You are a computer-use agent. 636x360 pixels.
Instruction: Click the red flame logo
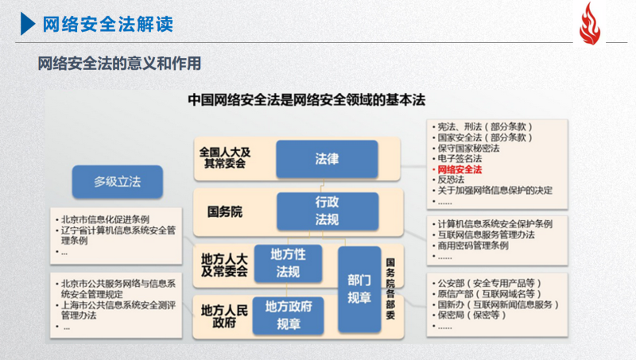(590, 24)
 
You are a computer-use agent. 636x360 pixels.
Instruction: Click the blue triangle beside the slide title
(28, 24)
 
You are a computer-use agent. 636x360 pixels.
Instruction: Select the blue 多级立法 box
(118, 182)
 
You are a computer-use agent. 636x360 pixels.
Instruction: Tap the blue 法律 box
(327, 159)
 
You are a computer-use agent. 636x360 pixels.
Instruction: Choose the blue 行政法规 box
(328, 211)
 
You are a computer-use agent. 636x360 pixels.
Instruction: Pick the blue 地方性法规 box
(289, 264)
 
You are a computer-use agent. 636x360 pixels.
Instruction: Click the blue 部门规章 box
(359, 289)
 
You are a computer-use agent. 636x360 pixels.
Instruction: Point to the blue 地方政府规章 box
(289, 315)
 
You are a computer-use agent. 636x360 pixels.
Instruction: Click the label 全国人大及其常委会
(225, 158)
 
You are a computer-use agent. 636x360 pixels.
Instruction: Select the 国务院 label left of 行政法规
(225, 211)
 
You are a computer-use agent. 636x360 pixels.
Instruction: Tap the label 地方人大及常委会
(224, 265)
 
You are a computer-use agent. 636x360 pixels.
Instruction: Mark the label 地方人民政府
(224, 316)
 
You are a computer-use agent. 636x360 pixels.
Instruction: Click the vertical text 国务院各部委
(390, 288)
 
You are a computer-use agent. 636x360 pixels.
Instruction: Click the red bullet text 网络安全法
(460, 169)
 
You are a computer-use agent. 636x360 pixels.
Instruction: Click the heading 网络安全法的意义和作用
(120, 64)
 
